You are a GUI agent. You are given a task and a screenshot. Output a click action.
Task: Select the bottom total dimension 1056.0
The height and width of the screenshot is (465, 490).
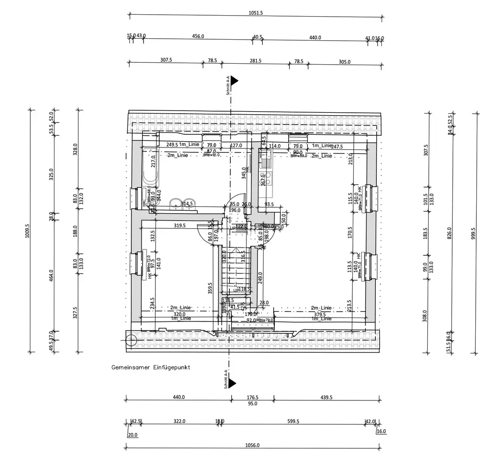click(x=252, y=445)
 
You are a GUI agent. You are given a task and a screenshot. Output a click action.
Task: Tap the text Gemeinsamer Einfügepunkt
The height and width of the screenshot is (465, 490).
click(x=150, y=367)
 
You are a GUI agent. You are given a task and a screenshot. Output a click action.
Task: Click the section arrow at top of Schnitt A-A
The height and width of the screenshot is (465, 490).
click(x=235, y=80)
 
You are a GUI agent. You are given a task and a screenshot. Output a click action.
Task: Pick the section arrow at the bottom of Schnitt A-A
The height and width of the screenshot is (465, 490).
click(x=232, y=383)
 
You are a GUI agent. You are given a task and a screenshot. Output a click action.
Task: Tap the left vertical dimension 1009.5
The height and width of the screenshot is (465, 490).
click(x=27, y=230)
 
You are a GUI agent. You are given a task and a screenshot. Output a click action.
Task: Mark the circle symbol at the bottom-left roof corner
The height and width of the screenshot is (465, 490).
click(x=131, y=338)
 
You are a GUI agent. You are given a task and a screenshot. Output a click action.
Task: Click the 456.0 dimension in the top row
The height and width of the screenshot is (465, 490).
click(x=198, y=37)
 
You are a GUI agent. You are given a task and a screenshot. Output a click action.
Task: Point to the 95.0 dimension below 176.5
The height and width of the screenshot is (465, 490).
click(x=252, y=404)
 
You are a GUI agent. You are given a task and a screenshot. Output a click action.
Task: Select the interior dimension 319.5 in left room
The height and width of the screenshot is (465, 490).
click(x=180, y=225)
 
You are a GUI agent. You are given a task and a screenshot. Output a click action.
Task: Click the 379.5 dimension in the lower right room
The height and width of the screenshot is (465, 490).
click(x=320, y=315)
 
